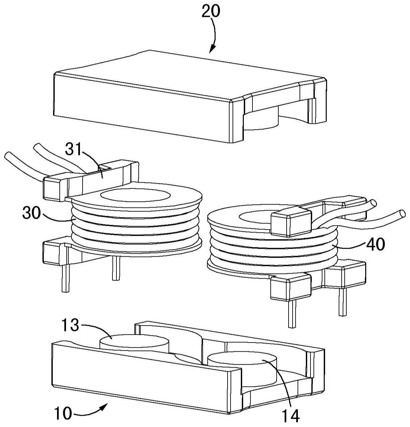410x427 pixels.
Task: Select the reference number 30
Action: [x=32, y=213]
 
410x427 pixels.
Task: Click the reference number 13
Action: [x=70, y=325]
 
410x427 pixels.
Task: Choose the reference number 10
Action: [x=63, y=413]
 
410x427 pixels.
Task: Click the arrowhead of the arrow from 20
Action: [x=212, y=49]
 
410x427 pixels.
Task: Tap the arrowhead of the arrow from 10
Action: [x=103, y=406]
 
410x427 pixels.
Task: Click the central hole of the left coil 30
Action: [x=136, y=195]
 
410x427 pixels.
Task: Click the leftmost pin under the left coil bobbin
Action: [x=65, y=278]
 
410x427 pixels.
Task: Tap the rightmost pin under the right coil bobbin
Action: [x=342, y=302]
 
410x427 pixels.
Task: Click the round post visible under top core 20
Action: [x=261, y=120]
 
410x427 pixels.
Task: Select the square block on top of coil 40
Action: [x=291, y=222]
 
